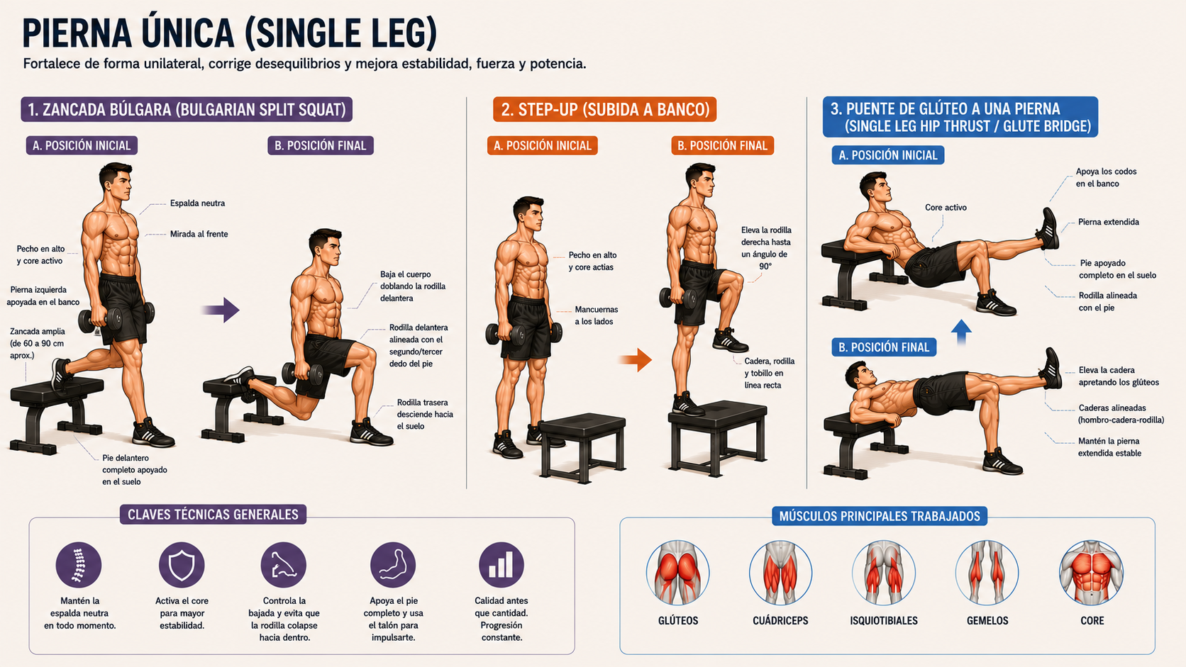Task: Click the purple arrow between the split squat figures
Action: coord(221,310)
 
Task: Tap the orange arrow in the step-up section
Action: coord(636,360)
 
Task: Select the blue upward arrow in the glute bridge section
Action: coord(961,332)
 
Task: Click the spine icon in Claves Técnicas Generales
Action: coord(79,565)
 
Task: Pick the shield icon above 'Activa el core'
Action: coord(182,565)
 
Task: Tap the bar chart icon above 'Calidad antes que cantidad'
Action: coord(501,565)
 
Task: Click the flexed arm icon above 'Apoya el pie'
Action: coord(393,565)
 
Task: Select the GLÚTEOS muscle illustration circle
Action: coord(677,573)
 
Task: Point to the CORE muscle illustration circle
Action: coord(1091,573)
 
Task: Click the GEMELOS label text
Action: coord(987,621)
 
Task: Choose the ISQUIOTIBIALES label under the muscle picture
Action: coord(884,621)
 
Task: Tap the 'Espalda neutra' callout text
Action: coord(197,203)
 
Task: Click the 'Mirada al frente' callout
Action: coord(199,234)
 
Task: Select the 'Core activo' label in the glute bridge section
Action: coord(946,208)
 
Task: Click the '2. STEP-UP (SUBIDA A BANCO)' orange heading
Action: coord(604,109)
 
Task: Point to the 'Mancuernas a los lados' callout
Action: coord(596,315)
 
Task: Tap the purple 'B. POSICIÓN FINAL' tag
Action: coord(321,145)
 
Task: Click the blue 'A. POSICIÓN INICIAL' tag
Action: coord(888,155)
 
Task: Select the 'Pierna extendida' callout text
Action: coord(1109,222)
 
